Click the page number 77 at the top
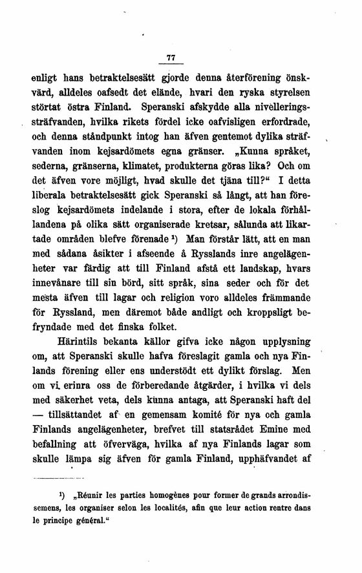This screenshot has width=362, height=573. (171, 58)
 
